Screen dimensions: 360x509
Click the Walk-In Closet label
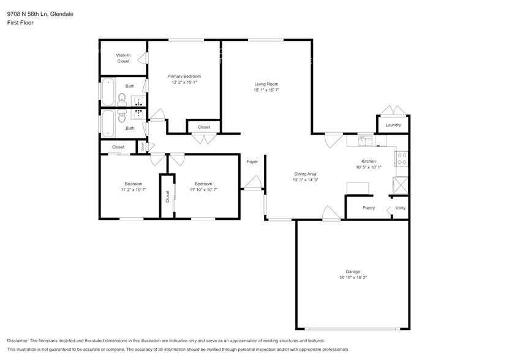[123, 58]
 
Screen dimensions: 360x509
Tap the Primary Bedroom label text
[184, 76]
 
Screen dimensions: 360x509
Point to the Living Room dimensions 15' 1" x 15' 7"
[266, 90]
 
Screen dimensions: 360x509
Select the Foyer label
[252, 162]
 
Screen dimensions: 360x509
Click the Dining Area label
[304, 174]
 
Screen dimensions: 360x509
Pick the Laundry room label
[393, 125]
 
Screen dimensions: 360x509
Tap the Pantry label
[368, 208]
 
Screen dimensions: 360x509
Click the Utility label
[400, 208]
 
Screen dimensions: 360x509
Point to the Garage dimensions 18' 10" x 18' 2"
[352, 277]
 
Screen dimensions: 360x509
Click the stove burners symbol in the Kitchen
[402, 159]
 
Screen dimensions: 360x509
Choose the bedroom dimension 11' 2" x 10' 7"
[134, 190]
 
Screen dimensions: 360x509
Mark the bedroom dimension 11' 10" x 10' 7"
[203, 190]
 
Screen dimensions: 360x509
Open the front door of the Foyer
[252, 182]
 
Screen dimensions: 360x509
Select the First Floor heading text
[21, 23]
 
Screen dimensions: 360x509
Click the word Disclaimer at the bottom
[18, 340]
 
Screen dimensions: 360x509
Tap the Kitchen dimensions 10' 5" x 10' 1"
[368, 167]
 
